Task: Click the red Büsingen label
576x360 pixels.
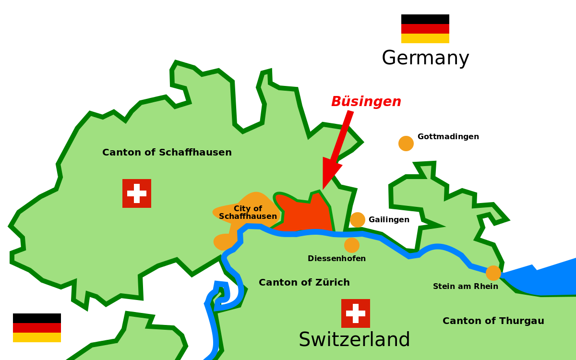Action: click(366, 102)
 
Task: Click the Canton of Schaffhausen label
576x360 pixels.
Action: click(167, 153)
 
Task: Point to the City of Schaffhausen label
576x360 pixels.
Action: click(248, 212)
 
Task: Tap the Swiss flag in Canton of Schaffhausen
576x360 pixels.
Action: click(137, 193)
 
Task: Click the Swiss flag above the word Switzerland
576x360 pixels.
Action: click(356, 313)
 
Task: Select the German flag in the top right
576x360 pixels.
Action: click(425, 34)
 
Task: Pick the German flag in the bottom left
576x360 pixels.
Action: click(37, 333)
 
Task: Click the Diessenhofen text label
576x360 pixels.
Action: click(336, 259)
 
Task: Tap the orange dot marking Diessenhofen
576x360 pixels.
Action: click(352, 245)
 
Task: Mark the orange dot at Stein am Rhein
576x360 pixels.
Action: click(493, 273)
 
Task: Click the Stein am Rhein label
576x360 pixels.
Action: click(465, 287)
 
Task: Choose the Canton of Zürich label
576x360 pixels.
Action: click(304, 283)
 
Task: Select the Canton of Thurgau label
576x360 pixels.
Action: click(493, 321)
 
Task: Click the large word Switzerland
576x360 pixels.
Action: click(354, 340)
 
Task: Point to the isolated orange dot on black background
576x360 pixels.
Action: click(406, 144)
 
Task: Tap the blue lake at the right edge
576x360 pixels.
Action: click(547, 278)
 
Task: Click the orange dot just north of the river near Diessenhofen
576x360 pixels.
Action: click(358, 220)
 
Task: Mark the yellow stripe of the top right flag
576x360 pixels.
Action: click(425, 38)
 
